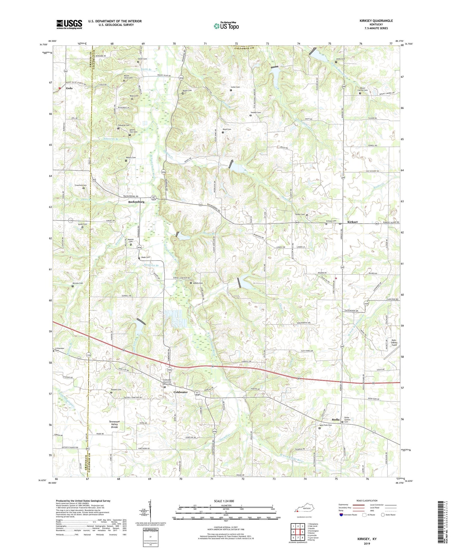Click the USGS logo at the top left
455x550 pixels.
coord(69,24)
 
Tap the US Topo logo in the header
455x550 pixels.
coord(226,26)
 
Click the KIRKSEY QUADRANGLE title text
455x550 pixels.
coord(376,21)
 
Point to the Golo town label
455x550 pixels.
coord(69,88)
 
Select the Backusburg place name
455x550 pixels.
coord(136,202)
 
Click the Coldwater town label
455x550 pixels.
coord(180,392)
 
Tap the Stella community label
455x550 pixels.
coord(335,420)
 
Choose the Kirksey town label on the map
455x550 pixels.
coord(352,222)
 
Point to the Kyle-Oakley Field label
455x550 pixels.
coord(394,343)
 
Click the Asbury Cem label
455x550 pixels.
coord(198,283)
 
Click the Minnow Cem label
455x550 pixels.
coord(77,283)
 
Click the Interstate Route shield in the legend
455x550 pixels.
coord(341,515)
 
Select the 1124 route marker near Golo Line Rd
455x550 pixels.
coord(89,355)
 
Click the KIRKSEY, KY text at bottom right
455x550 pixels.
coord(367,539)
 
